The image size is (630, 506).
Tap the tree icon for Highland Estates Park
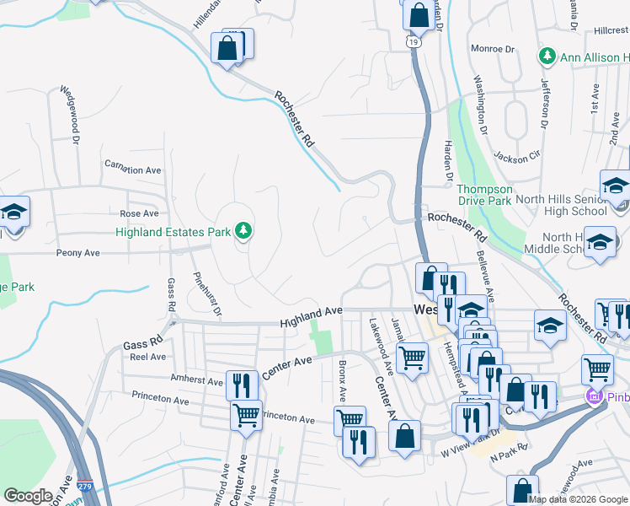pyautogui.click(x=243, y=230)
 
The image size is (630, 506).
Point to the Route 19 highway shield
pyautogui.click(x=412, y=40)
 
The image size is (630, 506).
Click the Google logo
pyautogui.click(x=28, y=496)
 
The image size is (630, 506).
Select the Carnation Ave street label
pyautogui.click(x=132, y=170)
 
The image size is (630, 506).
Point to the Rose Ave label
pyautogui.click(x=139, y=214)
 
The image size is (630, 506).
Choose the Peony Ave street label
pyautogui.click(x=78, y=253)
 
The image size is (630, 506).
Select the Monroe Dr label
pyautogui.click(x=493, y=49)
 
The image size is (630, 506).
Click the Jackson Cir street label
pyautogui.click(x=516, y=157)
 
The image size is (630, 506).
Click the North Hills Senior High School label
pyautogui.click(x=562, y=204)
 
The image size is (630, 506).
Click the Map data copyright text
pyautogui.click(x=577, y=499)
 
